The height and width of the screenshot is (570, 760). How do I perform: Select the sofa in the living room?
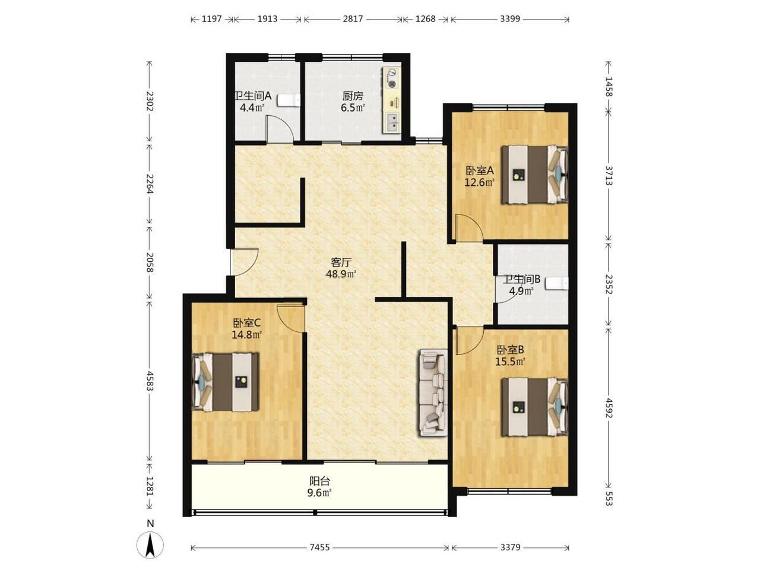(x=433, y=393)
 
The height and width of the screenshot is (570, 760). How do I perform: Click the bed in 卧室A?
(x=534, y=175)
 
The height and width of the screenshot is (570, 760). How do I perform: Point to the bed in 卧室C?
(x=226, y=382)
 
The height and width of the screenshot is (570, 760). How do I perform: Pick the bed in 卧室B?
(x=534, y=407)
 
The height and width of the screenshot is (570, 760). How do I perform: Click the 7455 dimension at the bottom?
(x=319, y=547)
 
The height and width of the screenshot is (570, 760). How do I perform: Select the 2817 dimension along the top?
(x=353, y=18)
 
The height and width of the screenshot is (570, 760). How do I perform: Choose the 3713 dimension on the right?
(x=609, y=175)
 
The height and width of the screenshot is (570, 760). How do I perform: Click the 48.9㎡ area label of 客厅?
(x=341, y=274)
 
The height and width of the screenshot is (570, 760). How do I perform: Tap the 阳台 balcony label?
(x=319, y=481)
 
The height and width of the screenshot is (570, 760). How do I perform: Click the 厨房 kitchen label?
(x=353, y=96)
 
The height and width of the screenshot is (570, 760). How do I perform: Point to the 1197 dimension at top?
(x=211, y=18)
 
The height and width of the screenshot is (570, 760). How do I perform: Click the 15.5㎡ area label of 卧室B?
(x=510, y=362)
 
